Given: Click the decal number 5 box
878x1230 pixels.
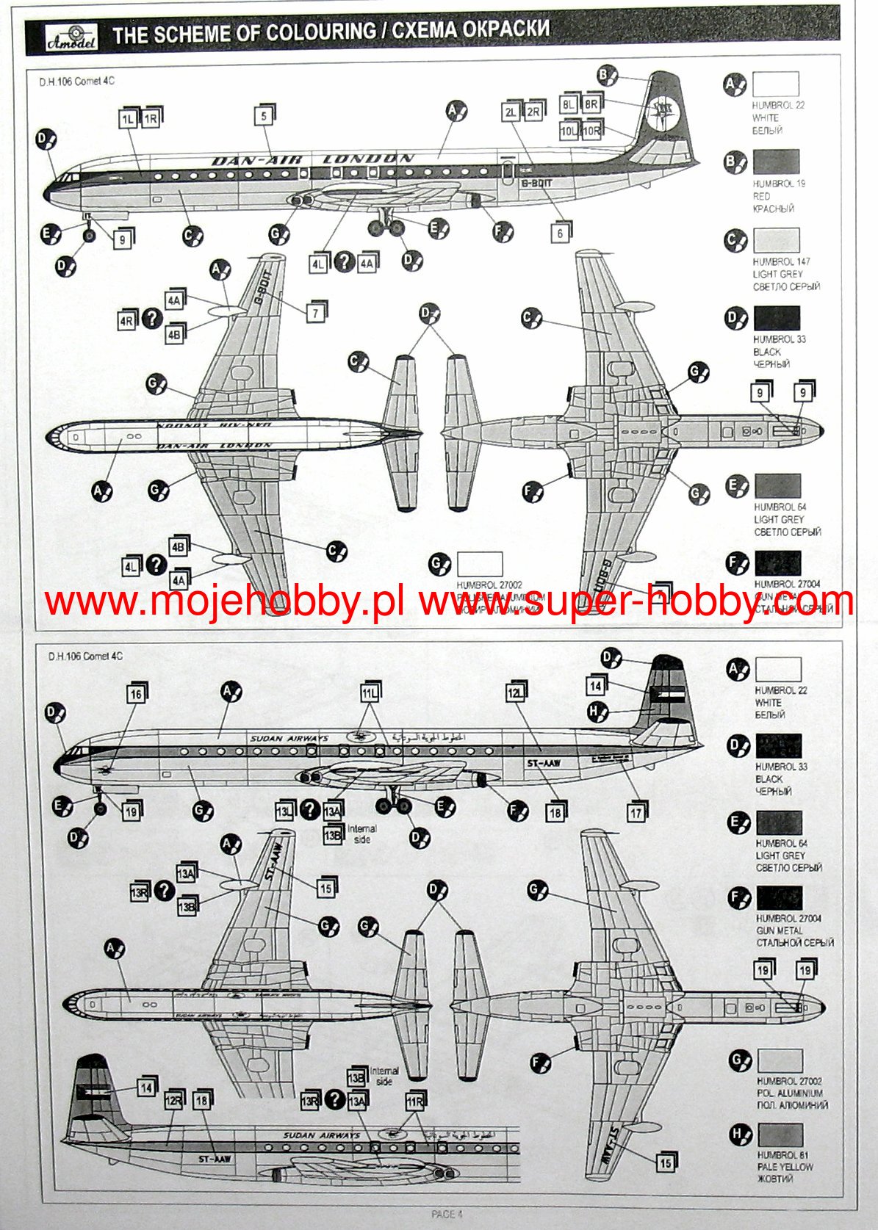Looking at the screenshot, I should click(x=264, y=116).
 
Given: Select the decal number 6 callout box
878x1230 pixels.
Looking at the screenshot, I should click(x=561, y=233).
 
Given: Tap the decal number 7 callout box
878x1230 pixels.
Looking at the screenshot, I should click(x=316, y=313).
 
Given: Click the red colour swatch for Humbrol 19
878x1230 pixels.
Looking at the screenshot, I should click(x=775, y=162).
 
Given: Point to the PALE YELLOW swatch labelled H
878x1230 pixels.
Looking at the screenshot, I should click(x=780, y=1135).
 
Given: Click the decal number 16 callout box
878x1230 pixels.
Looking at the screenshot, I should click(x=136, y=694).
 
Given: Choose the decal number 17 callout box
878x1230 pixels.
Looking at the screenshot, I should click(x=636, y=813).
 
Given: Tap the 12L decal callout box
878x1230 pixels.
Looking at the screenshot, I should click(x=516, y=693).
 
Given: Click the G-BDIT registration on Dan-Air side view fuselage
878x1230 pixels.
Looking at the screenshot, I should click(x=536, y=183).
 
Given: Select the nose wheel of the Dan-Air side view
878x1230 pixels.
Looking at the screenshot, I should click(x=89, y=235).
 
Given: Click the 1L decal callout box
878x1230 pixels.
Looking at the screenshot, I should click(x=128, y=119).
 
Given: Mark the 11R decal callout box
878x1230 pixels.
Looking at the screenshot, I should click(x=415, y=1101).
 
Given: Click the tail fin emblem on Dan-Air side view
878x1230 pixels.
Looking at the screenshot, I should click(x=659, y=112).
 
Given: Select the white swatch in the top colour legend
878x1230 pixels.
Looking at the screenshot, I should click(x=775, y=83).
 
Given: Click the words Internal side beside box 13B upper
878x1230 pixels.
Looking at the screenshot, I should click(x=361, y=833).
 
